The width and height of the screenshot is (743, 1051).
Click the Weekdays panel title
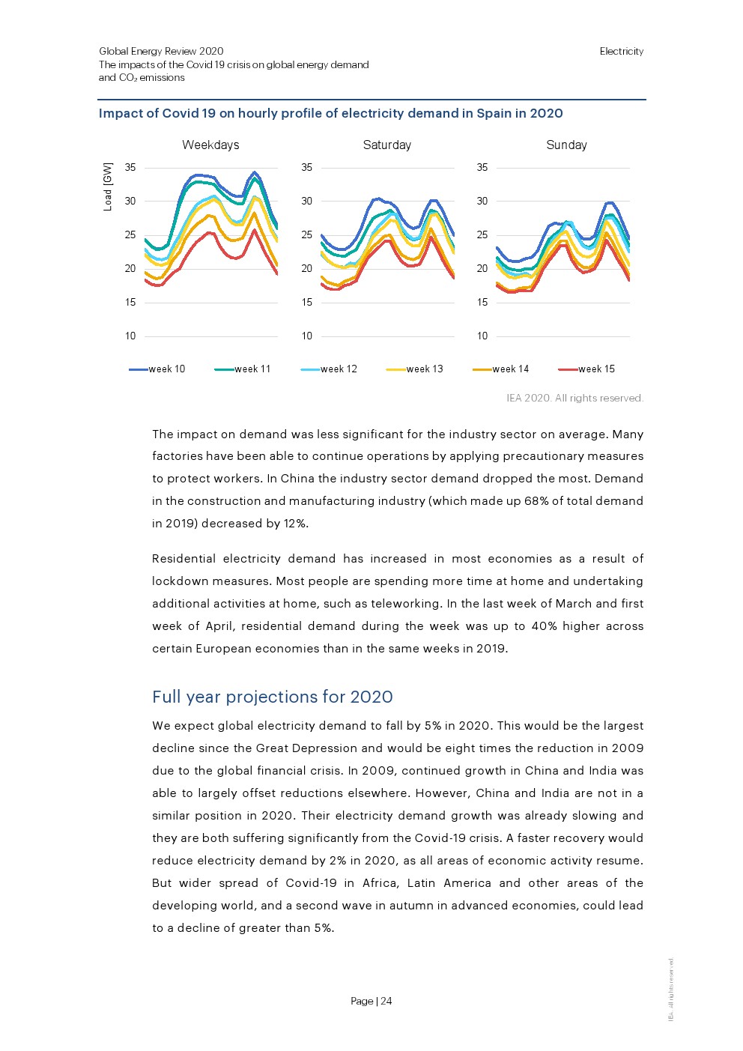[x=210, y=145]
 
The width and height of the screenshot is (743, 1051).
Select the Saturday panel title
[x=386, y=145]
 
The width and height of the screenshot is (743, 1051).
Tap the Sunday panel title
[x=566, y=145]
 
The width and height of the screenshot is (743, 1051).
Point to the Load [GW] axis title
[x=108, y=187]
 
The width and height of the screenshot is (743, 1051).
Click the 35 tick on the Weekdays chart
[x=130, y=168]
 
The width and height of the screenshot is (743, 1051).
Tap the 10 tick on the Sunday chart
[x=482, y=336]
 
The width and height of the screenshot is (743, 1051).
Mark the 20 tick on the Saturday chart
[x=306, y=269]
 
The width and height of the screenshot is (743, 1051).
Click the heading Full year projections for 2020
[x=273, y=697]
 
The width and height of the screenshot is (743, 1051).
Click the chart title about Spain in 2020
[x=330, y=114]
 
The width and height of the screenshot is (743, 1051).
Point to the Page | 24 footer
[x=371, y=1001]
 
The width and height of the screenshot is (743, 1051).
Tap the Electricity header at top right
[x=621, y=52]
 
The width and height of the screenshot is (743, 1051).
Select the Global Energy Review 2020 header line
[x=161, y=52]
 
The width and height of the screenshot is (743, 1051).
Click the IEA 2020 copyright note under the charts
[x=574, y=399]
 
